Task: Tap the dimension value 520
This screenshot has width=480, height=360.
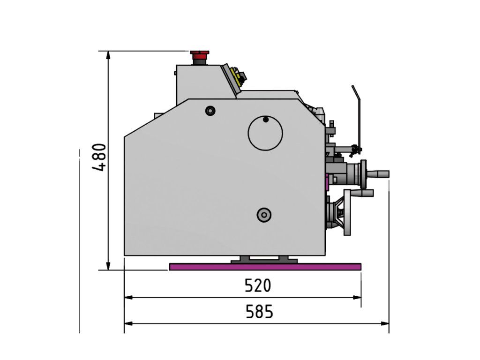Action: click(258, 285)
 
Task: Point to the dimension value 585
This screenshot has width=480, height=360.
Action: click(259, 312)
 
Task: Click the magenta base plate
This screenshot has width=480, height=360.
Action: click(265, 267)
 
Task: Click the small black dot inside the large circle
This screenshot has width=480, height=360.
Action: click(266, 120)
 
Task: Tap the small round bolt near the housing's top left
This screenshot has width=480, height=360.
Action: click(210, 111)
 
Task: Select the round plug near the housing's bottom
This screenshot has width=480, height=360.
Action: click(264, 215)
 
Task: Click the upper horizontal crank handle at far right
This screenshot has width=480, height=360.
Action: click(378, 174)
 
